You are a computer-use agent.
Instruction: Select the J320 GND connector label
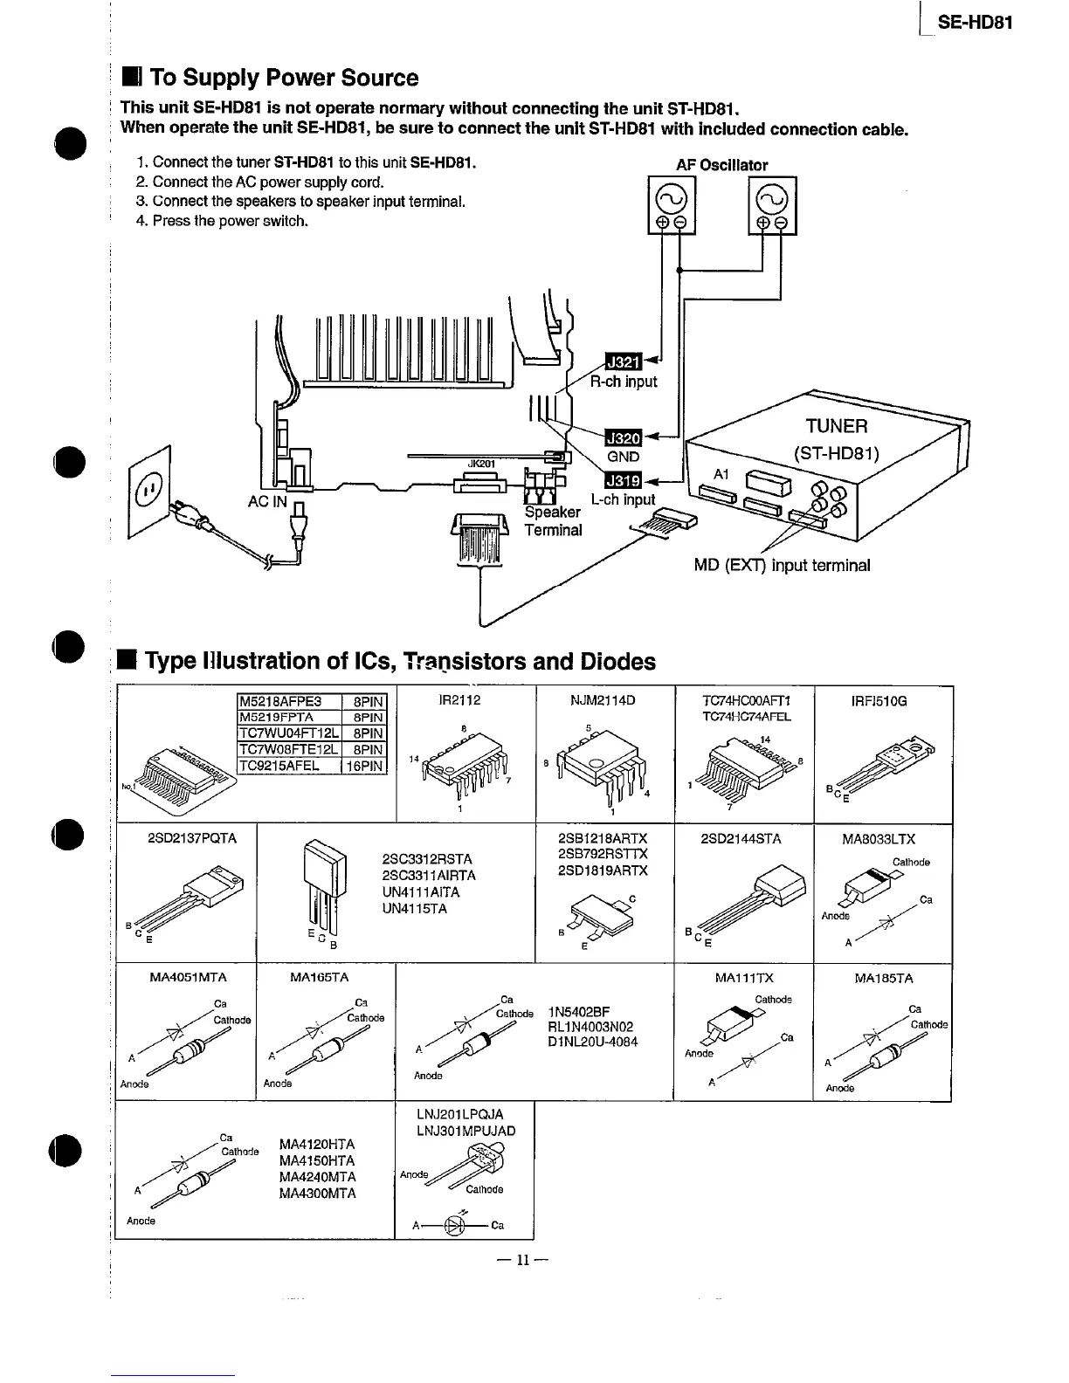click(624, 437)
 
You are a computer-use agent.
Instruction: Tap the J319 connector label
click(624, 480)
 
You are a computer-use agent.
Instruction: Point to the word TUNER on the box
click(837, 426)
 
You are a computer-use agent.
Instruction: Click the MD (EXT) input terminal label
click(782, 565)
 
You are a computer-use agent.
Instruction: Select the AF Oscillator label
click(721, 165)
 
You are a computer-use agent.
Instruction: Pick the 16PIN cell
click(364, 766)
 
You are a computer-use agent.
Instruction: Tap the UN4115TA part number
click(415, 909)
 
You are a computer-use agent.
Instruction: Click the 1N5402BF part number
click(579, 1010)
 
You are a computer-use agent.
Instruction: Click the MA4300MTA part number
click(317, 1194)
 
